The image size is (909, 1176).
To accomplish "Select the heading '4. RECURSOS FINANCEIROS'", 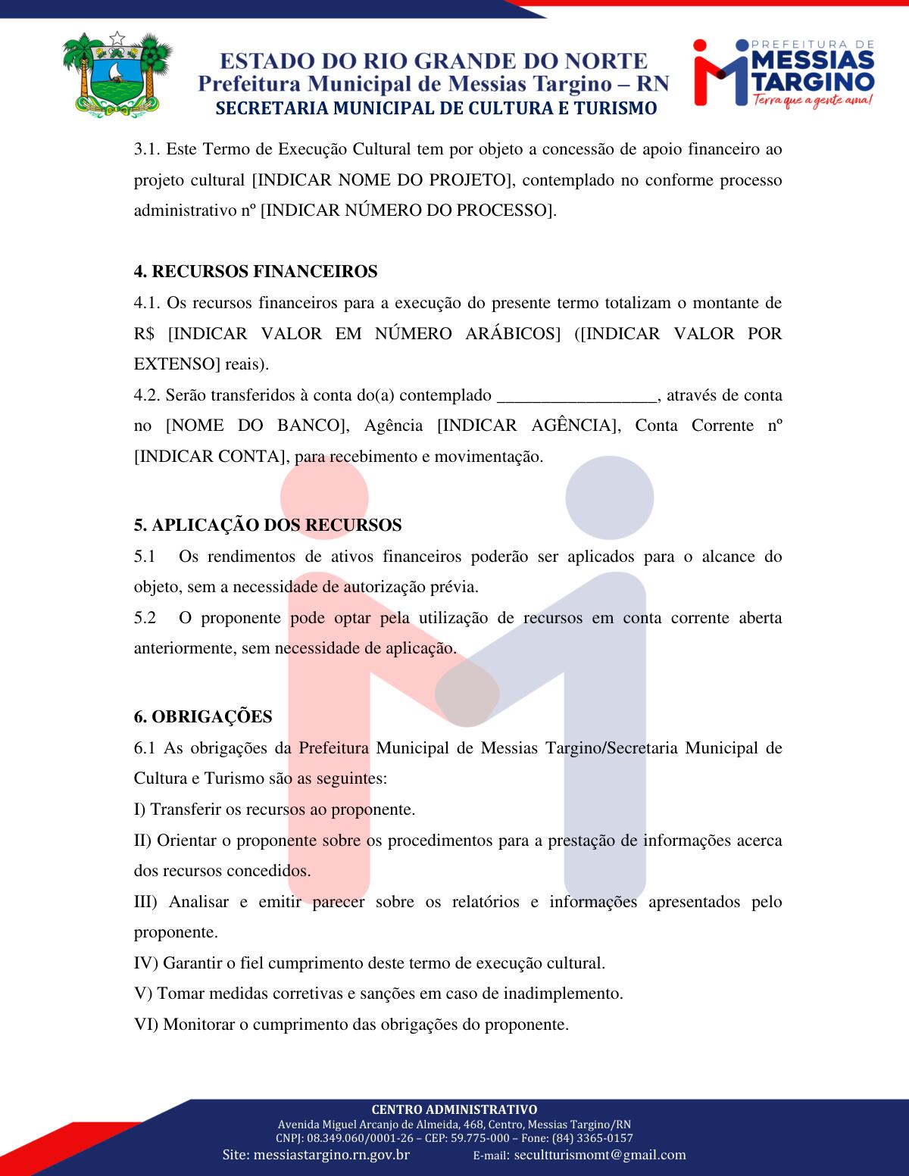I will pyautogui.click(x=255, y=271).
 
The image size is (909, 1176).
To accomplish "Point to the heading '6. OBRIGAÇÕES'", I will pyautogui.click(x=203, y=716).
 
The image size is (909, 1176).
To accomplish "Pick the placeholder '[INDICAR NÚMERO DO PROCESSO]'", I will pyautogui.click(x=408, y=211).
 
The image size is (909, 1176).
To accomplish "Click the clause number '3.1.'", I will pyautogui.click(x=148, y=149).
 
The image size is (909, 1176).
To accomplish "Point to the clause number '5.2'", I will pyautogui.click(x=145, y=618).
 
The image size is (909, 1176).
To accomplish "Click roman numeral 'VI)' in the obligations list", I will pyautogui.click(x=146, y=1025).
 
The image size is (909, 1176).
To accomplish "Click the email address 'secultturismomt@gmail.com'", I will pyautogui.click(x=600, y=1155).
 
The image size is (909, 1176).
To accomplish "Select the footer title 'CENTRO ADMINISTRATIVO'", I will pyautogui.click(x=454, y=1109).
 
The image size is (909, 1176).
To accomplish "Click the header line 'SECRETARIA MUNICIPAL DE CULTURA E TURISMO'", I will pyautogui.click(x=436, y=108).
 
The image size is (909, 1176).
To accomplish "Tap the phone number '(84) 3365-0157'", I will pyautogui.click(x=592, y=1138).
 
